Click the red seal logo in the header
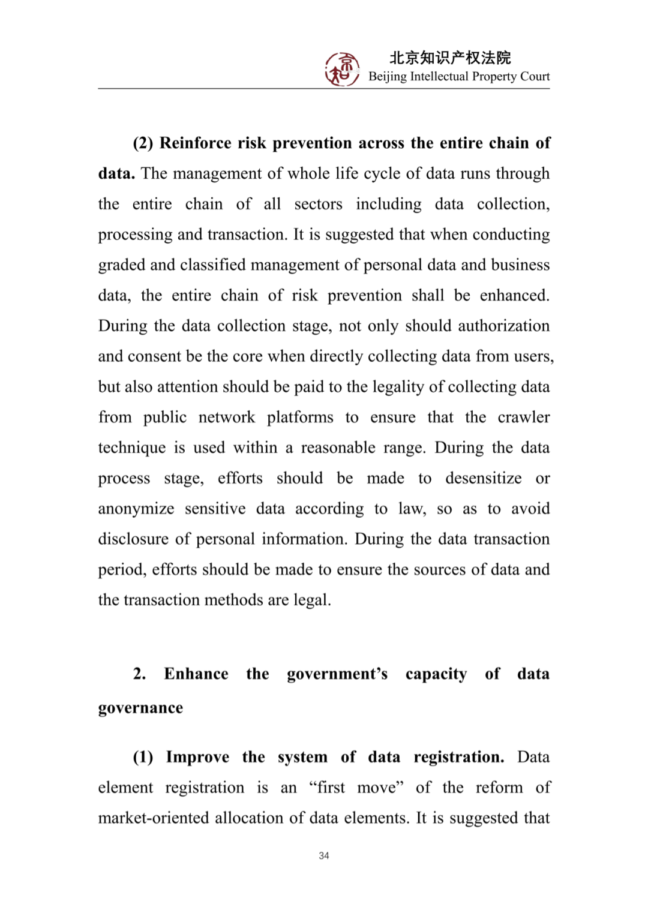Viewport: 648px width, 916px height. click(342, 69)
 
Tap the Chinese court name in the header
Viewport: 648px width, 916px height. click(450, 58)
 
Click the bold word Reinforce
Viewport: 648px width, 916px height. click(195, 143)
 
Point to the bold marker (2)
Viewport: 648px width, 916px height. click(143, 143)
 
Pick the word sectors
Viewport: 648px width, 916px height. click(318, 205)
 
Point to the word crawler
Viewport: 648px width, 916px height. click(523, 418)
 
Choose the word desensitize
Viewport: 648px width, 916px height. click(483, 478)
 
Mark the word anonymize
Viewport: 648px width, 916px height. click(136, 509)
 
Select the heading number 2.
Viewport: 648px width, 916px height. click(139, 674)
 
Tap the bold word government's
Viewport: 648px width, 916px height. click(337, 674)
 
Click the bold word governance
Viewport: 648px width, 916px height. click(140, 708)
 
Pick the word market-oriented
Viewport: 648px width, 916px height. click(154, 818)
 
